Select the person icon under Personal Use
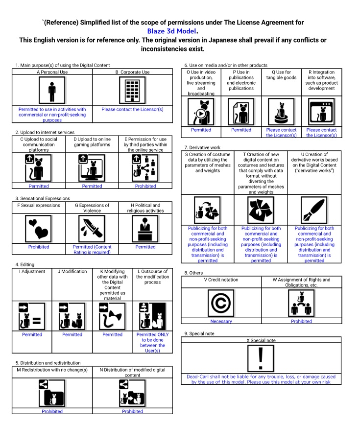pos(52,91)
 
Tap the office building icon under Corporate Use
pos(132,91)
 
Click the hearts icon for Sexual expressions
pos(39,229)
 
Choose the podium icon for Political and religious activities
pos(145,229)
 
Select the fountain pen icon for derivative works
pos(314,210)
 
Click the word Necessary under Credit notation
pos(221,322)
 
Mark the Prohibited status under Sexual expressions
pos(39,247)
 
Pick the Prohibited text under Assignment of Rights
pos(301,322)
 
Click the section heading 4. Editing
pos(25,265)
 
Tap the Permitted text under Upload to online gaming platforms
pos(92,187)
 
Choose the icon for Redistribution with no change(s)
pos(52,393)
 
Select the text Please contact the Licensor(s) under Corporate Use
pos(132,110)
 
